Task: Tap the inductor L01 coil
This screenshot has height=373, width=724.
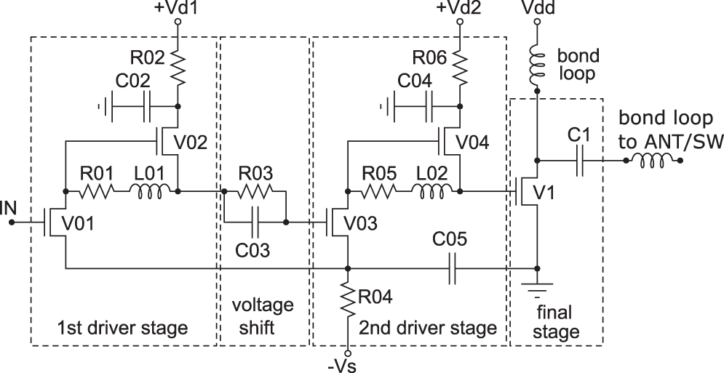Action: pos(151,191)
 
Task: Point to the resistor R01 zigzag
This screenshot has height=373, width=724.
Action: pos(97,191)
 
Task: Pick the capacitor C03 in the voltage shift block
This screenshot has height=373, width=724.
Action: pos(254,222)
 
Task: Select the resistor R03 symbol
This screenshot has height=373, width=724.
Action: pos(254,191)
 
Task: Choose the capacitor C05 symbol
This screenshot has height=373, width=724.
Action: pos(453,268)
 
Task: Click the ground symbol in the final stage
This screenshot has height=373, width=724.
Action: pos(537,287)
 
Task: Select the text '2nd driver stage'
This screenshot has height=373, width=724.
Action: pos(427,328)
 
